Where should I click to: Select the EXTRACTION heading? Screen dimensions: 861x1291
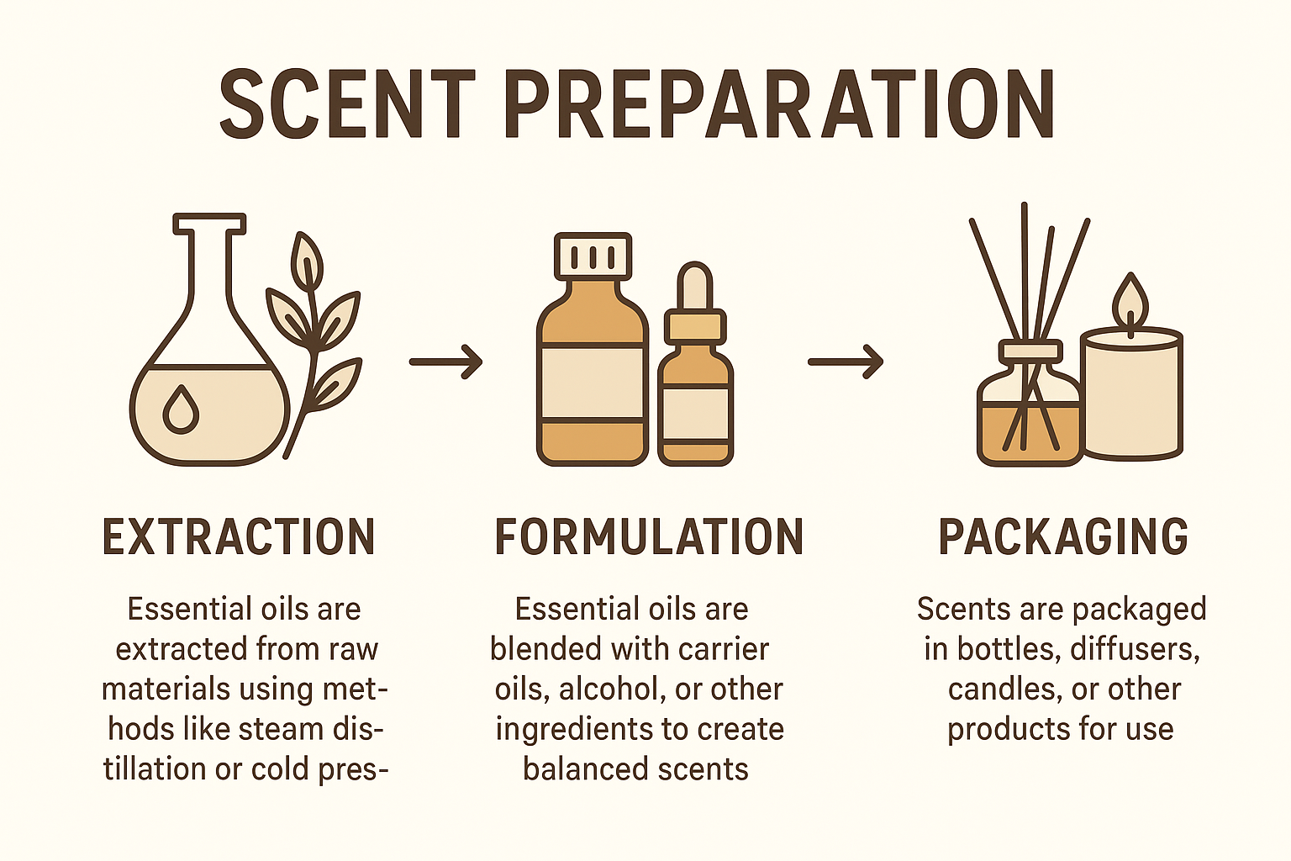pos(239,537)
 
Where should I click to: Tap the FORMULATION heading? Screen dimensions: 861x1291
pos(649,537)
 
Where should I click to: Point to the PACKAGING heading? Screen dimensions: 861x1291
pos(1063,537)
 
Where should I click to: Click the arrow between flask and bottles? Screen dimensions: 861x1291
pos(446,362)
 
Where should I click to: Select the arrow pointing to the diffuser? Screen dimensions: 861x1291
pos(846,362)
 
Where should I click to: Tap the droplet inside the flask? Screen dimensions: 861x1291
pos(181,409)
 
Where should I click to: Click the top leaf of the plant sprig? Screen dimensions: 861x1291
pos(307,261)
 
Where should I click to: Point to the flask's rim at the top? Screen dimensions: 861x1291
pos(209,224)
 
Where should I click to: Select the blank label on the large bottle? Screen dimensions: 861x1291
pos(593,382)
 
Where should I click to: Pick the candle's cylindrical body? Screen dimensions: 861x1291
pos(1132,395)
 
